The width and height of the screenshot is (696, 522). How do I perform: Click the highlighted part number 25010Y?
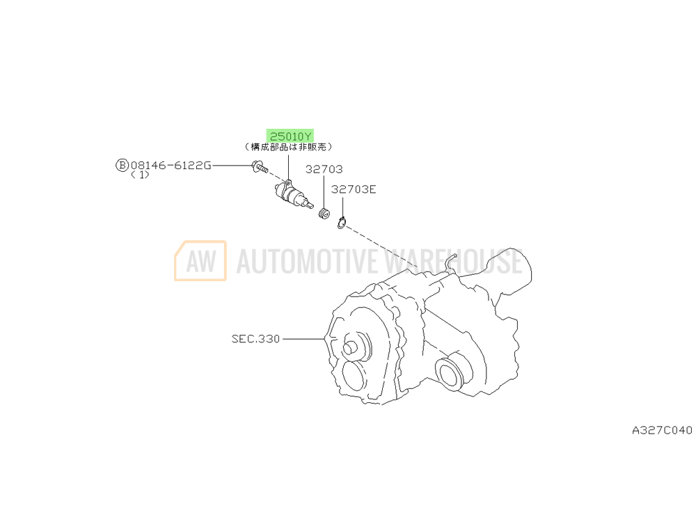290,136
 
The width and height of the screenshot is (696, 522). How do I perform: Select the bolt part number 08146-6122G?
171,166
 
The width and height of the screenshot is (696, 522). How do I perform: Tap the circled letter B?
122,166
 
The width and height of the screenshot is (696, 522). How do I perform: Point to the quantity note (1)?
141,175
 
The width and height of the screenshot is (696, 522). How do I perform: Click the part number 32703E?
354,189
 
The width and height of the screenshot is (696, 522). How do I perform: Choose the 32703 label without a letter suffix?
324,169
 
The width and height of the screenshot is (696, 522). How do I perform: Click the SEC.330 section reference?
255,339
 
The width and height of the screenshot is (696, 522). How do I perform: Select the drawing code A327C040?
662,430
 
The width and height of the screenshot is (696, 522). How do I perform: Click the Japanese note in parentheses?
289,146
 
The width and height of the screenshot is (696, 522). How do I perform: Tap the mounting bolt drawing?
259,167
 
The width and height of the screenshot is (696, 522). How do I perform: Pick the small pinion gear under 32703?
324,214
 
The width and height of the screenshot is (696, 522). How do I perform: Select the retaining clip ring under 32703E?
341,223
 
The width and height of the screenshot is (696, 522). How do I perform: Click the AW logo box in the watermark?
200,260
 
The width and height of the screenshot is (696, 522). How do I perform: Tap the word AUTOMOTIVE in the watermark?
307,261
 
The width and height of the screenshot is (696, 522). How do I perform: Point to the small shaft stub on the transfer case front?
349,347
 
